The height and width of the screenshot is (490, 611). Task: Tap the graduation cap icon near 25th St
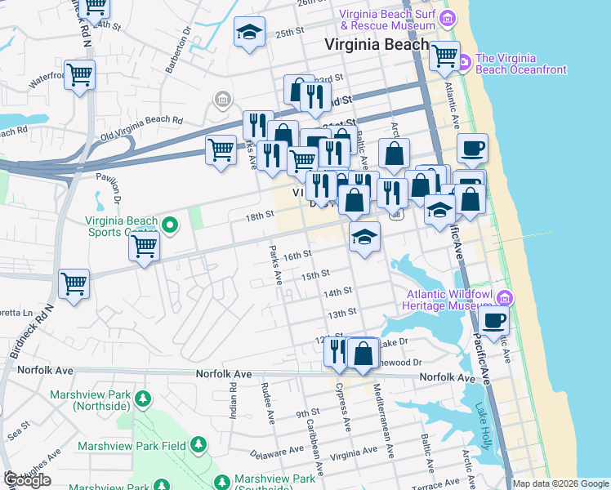[249, 33]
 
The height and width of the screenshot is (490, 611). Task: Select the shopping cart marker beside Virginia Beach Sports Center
[145, 245]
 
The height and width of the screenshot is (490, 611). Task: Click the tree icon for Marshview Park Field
[198, 445]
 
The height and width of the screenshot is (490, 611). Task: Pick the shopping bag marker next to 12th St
[363, 354]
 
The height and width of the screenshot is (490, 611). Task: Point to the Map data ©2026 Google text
[560, 483]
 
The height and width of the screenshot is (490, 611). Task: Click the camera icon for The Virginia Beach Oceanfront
[463, 62]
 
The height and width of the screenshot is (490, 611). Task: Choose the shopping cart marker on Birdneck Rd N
[74, 285]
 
